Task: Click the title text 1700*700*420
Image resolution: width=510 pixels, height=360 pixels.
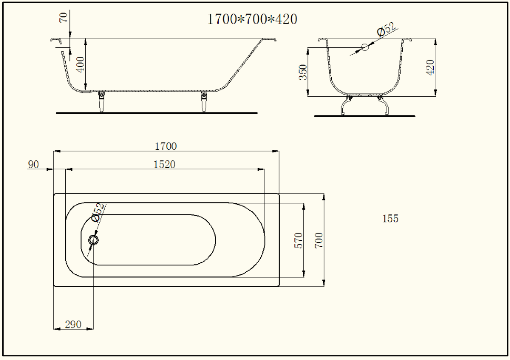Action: tap(252, 19)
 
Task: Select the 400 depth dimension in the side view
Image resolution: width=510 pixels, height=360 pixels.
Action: tap(80, 65)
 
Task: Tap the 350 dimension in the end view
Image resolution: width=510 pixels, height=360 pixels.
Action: tap(303, 72)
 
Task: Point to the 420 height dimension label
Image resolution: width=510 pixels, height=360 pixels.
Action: tap(430, 67)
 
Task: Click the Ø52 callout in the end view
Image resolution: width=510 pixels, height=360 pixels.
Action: tap(386, 29)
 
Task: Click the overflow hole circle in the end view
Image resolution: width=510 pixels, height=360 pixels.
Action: tap(365, 47)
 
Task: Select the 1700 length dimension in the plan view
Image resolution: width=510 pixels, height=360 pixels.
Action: tap(166, 146)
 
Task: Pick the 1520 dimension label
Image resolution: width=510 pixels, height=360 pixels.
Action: tap(164, 164)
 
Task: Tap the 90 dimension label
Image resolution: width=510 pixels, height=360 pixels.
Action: tap(33, 164)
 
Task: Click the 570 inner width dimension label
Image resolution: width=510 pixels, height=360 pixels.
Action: tap(298, 240)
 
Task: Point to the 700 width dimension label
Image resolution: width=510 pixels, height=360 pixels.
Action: tap(319, 240)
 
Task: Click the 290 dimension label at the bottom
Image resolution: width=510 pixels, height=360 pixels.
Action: tap(73, 324)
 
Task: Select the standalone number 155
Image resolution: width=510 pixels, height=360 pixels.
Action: tap(390, 219)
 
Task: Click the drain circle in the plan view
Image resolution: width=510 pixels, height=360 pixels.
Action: tap(94, 240)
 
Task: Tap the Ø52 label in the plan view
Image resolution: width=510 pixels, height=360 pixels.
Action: tap(98, 212)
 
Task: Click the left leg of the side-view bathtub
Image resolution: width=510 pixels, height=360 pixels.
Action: tap(101, 102)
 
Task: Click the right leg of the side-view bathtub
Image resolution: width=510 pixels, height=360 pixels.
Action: tap(204, 102)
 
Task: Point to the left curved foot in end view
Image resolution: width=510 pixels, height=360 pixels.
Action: tap(346, 105)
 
